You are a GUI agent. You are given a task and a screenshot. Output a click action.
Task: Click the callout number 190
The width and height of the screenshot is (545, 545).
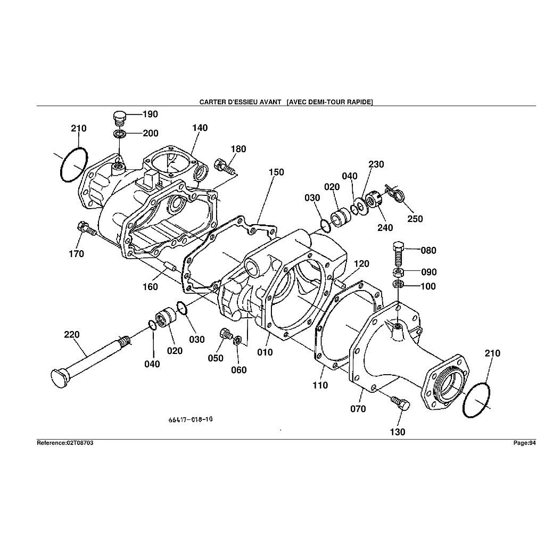click(x=150, y=114)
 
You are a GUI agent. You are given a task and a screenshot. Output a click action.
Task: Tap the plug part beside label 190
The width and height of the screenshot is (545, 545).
click(x=119, y=116)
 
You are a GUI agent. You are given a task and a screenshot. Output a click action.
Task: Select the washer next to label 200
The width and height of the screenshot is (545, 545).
click(x=120, y=133)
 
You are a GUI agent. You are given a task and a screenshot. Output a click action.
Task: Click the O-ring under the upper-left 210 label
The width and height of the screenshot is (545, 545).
click(x=73, y=164)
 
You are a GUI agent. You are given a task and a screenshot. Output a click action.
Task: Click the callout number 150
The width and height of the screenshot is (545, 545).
click(x=276, y=172)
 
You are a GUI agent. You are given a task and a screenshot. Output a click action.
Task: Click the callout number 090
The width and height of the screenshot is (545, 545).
click(x=428, y=272)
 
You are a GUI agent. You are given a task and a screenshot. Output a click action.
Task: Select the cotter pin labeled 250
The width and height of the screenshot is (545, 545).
click(x=395, y=194)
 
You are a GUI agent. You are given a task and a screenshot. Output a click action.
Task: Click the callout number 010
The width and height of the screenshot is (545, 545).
click(x=265, y=352)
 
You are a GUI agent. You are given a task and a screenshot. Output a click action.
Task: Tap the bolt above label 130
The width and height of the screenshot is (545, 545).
click(x=400, y=403)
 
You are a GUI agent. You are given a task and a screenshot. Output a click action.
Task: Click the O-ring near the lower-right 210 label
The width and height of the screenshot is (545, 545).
click(x=476, y=400)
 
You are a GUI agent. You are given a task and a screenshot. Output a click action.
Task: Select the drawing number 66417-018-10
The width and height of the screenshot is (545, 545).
click(x=191, y=419)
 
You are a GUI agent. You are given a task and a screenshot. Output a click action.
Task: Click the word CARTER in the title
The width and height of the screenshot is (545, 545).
click(x=212, y=101)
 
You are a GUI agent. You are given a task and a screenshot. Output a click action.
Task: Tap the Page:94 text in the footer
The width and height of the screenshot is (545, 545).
click(x=524, y=443)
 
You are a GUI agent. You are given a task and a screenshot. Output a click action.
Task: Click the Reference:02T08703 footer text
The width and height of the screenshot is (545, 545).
click(x=65, y=443)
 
